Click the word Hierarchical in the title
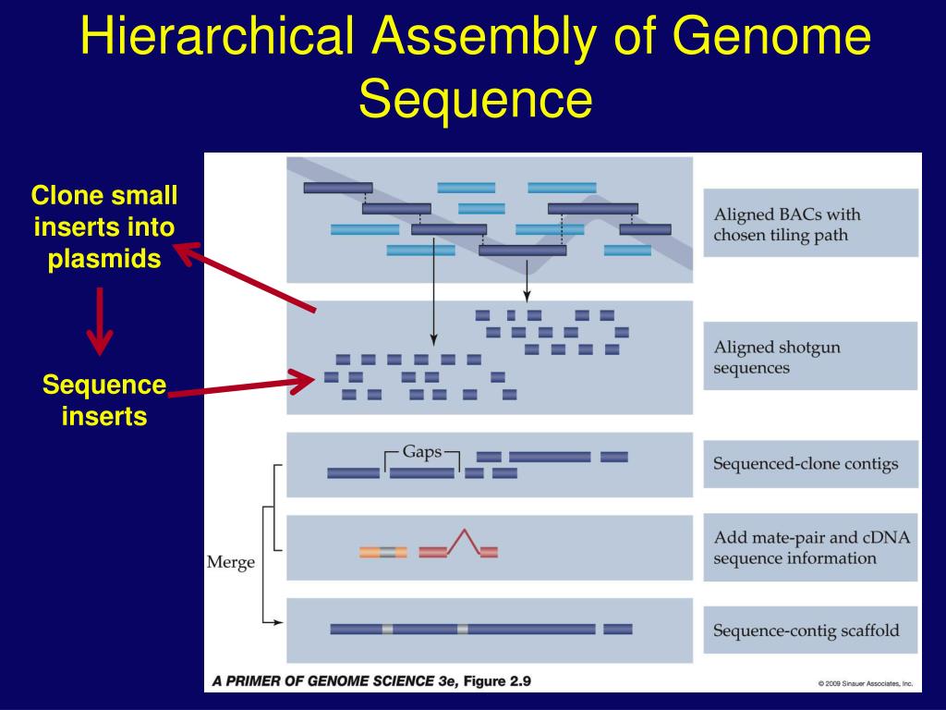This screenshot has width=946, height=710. point(216,35)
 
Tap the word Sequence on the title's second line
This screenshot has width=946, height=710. point(476,98)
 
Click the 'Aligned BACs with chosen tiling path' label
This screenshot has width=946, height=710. point(810,223)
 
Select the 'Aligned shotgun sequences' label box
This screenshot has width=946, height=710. point(810,356)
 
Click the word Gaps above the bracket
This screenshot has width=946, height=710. point(421,452)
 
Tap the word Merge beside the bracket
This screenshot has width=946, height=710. point(230,563)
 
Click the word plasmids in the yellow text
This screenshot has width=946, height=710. point(104,259)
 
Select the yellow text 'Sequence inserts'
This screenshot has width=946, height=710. point(104,400)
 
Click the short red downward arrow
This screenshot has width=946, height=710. point(100,321)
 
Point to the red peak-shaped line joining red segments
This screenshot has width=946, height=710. point(464,541)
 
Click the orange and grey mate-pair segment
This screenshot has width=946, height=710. point(383,552)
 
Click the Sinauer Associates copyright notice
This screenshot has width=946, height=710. point(866,683)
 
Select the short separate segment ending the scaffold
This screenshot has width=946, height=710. point(618,629)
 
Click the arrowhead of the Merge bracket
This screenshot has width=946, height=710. point(278,622)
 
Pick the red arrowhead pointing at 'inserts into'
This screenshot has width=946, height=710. point(187,253)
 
